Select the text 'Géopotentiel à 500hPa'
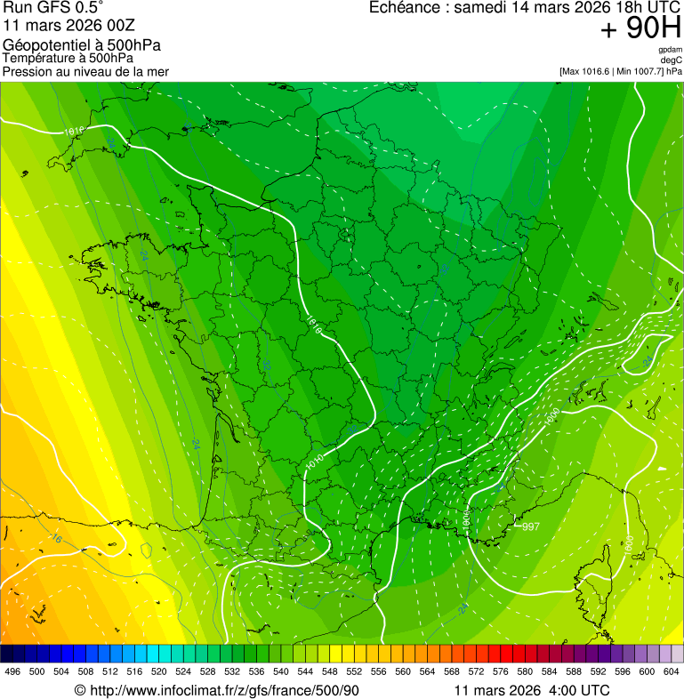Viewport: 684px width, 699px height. pos(82,45)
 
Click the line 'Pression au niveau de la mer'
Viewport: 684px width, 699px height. pos(85,71)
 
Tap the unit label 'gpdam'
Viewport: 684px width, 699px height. pos(671,50)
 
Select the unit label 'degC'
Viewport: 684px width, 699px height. pos(672,60)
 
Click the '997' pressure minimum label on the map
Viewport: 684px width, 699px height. pos(531,527)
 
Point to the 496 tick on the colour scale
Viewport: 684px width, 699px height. pos(12,672)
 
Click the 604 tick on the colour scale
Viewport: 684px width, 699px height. pos(672,672)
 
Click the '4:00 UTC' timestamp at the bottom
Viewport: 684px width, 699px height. pos(583,691)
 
